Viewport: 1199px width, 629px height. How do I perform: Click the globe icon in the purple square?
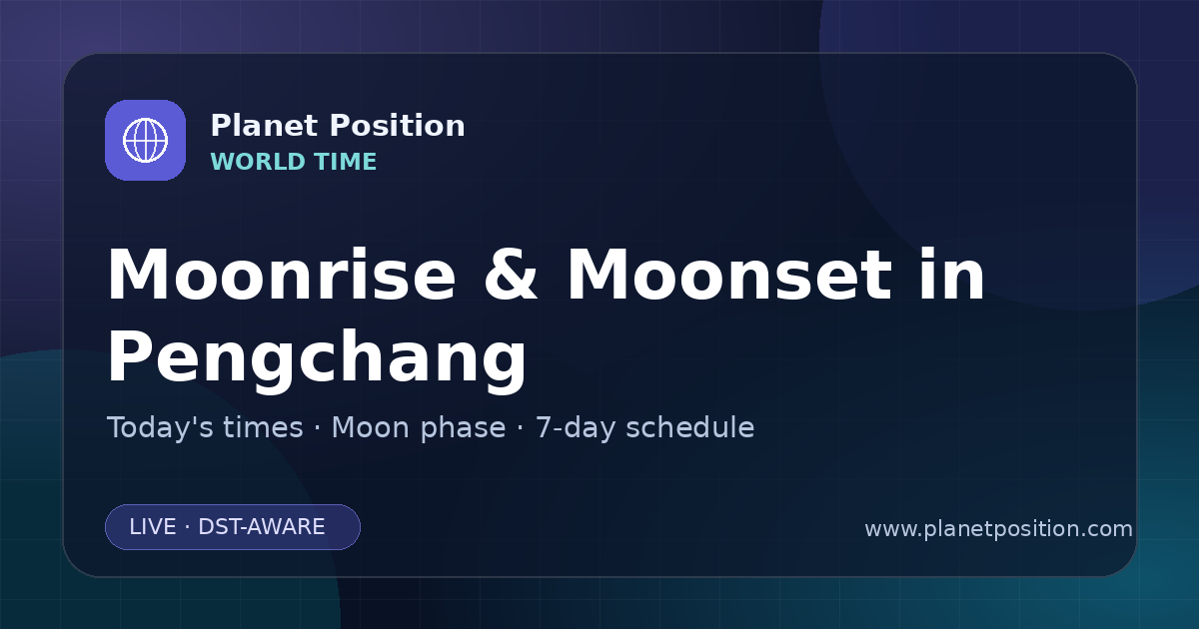pyautogui.click(x=145, y=141)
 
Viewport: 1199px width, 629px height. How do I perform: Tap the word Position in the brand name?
pyautogui.click(x=398, y=126)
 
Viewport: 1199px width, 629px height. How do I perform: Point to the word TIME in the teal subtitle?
pyautogui.click(x=346, y=162)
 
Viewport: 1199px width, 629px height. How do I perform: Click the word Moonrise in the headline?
pyautogui.click(x=282, y=276)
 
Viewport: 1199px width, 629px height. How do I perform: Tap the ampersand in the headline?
pyautogui.click(x=511, y=276)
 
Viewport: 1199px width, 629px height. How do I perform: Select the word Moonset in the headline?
pyautogui.click(x=729, y=276)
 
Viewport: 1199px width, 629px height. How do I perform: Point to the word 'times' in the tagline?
pyautogui.click(x=263, y=427)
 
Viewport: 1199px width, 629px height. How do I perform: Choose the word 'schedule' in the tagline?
pyautogui.click(x=690, y=427)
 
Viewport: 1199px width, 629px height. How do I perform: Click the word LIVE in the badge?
pyautogui.click(x=153, y=527)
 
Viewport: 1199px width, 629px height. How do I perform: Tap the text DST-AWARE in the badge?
pyautogui.click(x=262, y=527)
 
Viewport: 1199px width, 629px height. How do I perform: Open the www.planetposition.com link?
pyautogui.click(x=999, y=529)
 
